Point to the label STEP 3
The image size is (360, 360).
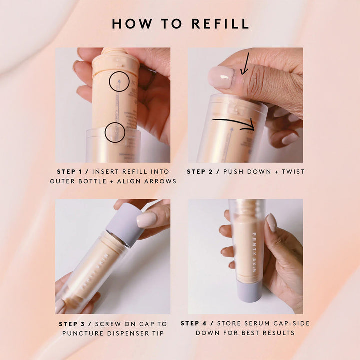pyautogui.click(x=74, y=324)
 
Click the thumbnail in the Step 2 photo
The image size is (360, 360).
pyautogui.click(x=221, y=78)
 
